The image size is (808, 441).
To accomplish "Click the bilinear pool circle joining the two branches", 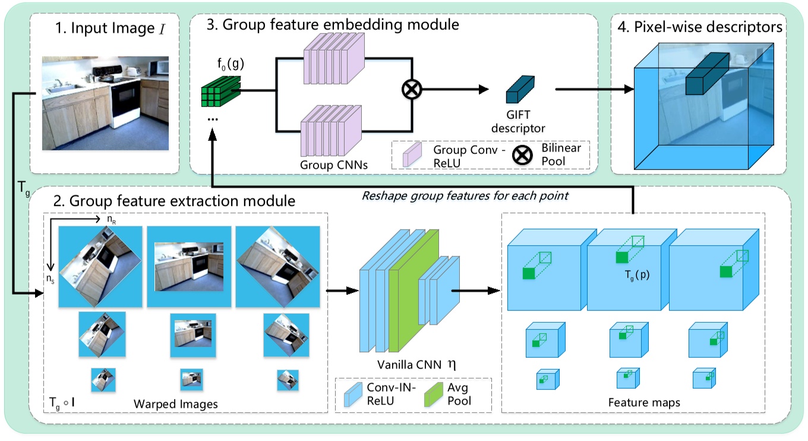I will [410, 90].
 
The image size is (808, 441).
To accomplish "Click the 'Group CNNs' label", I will [334, 165].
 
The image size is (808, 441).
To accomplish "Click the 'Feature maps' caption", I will [644, 402].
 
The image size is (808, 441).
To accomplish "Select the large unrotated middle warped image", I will [189, 266].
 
